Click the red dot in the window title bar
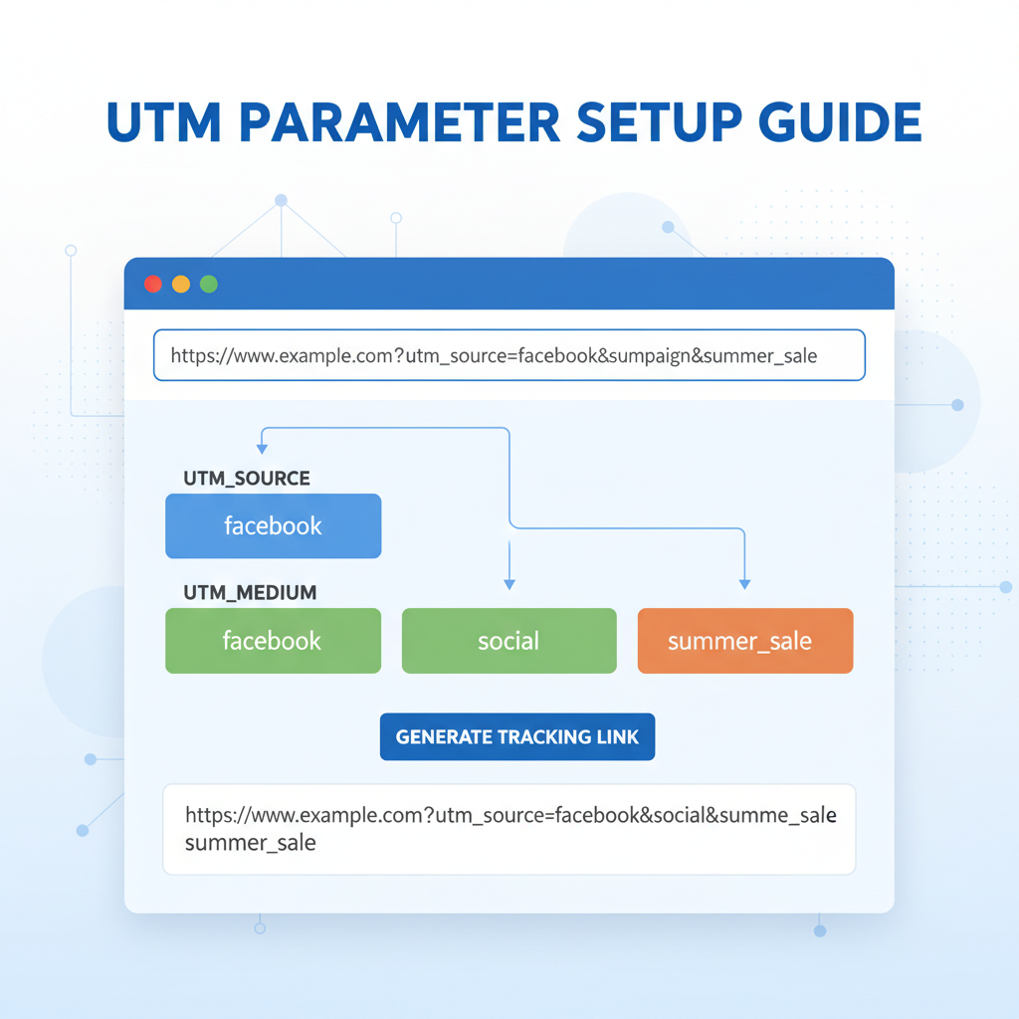click(153, 284)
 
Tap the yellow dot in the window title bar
click(181, 284)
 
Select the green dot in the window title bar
click(209, 284)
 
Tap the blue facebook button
click(273, 525)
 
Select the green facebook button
click(273, 641)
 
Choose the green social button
click(509, 641)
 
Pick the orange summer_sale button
click(744, 641)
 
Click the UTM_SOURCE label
click(247, 479)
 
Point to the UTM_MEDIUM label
click(250, 592)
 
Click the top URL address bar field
click(509, 356)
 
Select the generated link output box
click(509, 829)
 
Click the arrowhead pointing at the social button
click(509, 583)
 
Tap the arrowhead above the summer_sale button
click(744, 583)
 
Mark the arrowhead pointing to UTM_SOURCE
click(262, 449)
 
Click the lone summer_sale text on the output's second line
click(250, 843)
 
